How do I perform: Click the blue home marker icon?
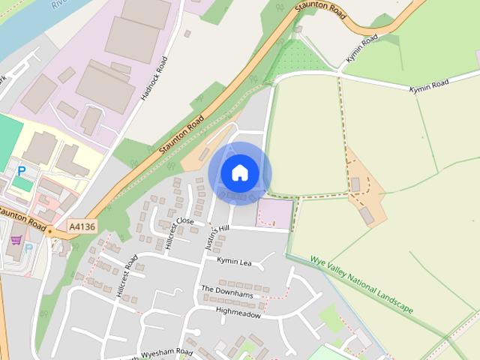[x=239, y=173]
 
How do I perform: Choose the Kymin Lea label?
[x=234, y=260]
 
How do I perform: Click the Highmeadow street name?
[x=238, y=314]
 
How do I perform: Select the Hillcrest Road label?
[x=127, y=277]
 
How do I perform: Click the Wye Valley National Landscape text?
[x=361, y=285]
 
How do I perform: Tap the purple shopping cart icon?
[x=16, y=240]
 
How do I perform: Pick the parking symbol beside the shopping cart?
[x=29, y=247]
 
